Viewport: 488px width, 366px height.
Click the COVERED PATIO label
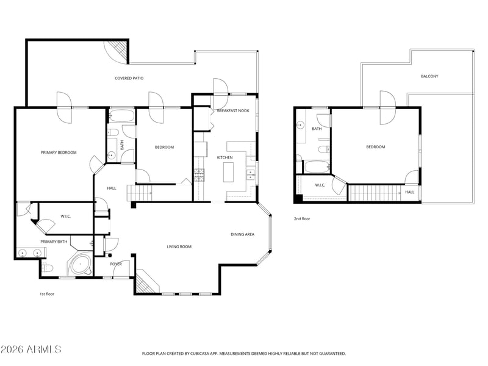coord(129,78)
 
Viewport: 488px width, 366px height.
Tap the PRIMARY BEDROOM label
coord(59,152)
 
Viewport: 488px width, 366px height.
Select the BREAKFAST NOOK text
coord(233,111)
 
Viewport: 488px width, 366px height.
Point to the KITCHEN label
coord(224,157)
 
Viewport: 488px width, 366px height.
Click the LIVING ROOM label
coord(179,247)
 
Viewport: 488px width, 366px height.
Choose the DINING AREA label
coord(242,234)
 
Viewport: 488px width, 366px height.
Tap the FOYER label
coord(116,264)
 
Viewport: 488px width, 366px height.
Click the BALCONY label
coord(429,76)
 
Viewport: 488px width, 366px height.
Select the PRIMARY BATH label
coord(54,242)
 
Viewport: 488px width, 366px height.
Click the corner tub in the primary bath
coord(81,264)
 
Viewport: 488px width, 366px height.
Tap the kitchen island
coord(228,172)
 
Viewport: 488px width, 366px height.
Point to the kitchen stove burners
coord(199,176)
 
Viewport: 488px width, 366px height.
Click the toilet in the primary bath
coord(47,268)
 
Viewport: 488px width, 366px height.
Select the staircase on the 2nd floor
coord(375,193)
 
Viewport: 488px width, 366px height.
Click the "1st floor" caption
coord(47,294)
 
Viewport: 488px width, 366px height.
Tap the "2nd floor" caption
coord(302,219)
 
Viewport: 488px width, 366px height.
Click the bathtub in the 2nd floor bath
coord(317,167)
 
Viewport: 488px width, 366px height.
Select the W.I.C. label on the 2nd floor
coord(320,185)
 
